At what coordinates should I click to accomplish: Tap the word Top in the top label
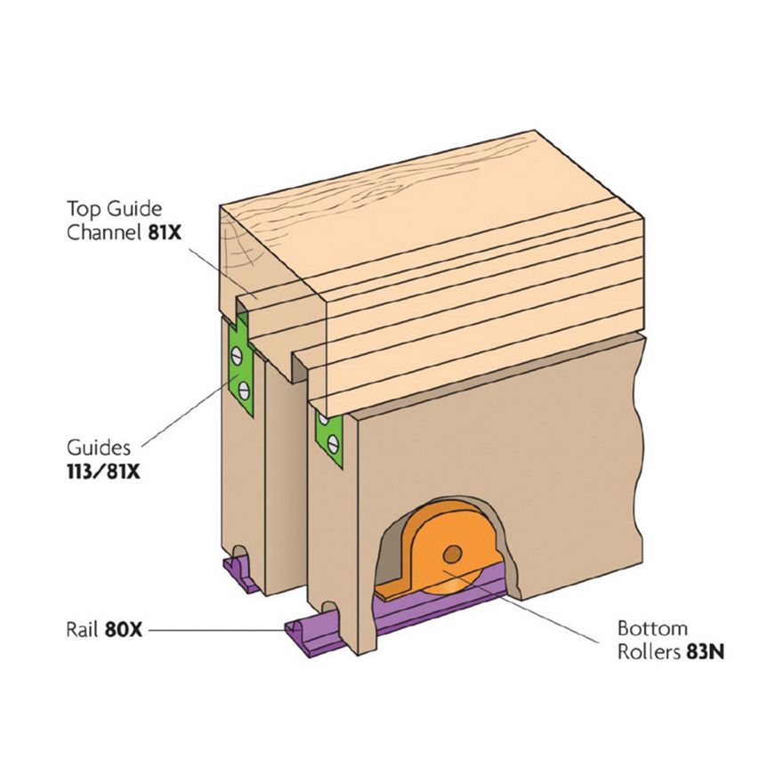(83, 208)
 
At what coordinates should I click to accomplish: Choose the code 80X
(124, 630)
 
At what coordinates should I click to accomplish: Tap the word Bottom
(652, 629)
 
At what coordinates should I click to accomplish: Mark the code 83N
(706, 652)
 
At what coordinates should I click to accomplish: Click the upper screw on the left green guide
(237, 355)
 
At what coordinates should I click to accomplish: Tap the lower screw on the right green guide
(334, 443)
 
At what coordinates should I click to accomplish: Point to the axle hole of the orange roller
(453, 555)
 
